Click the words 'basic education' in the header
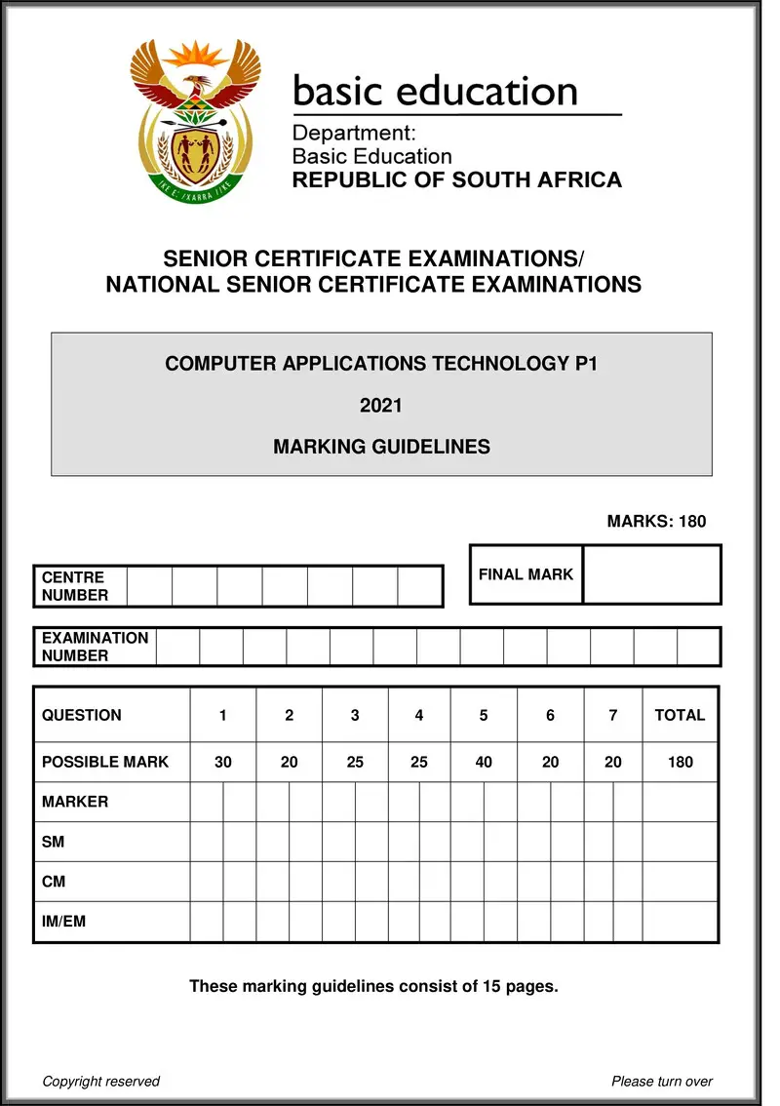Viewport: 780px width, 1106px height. [x=435, y=92]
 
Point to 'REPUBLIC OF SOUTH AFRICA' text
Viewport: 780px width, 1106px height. [x=457, y=179]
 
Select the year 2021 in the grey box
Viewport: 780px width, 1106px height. [x=381, y=406]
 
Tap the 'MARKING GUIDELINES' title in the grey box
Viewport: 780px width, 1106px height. [x=381, y=448]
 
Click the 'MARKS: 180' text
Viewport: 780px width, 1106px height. [x=656, y=522]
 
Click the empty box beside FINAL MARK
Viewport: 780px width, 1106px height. [x=651, y=574]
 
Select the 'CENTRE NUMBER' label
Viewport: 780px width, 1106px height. [x=75, y=586]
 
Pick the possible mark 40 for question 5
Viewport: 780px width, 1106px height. [x=484, y=762]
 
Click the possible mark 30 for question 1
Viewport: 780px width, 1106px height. [x=223, y=762]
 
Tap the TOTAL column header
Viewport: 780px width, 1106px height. [x=680, y=715]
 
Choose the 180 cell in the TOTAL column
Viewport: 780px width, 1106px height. [x=680, y=762]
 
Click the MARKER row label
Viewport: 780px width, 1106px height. [x=75, y=802]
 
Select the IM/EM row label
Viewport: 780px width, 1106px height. [x=63, y=921]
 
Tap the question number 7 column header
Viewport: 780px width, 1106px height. [x=612, y=715]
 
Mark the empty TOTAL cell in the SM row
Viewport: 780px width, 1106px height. [x=680, y=841]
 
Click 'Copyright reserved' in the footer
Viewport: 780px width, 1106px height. [x=101, y=1081]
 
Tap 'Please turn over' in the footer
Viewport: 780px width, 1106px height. [x=662, y=1081]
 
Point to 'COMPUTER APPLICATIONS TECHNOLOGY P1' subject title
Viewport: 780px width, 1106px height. [x=381, y=364]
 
